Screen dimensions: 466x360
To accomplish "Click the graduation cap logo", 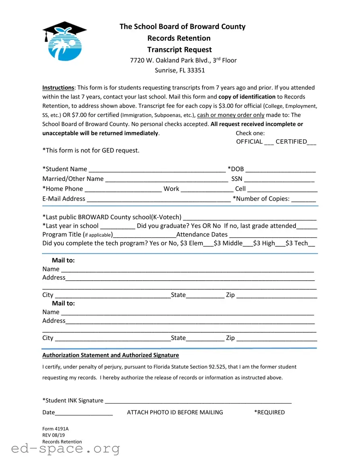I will coord(65,41).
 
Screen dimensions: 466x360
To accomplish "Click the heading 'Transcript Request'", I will coord(179,50).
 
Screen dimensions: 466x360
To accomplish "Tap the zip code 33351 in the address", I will coord(196,70).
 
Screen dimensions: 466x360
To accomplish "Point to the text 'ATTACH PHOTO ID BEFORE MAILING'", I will coord(175,412).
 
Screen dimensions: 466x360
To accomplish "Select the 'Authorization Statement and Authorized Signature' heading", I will coord(111,355).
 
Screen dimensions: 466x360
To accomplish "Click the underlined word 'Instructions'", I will coord(58,88).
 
